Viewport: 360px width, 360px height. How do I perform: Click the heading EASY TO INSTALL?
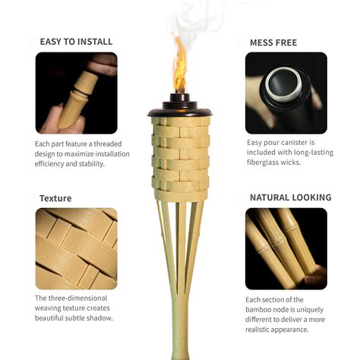pos(76,42)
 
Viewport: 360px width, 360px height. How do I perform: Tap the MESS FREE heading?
pos(273,43)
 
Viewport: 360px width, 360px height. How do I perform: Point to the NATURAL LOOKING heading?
pos(290,197)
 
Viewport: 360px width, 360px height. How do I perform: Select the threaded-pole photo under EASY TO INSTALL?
pos(76,93)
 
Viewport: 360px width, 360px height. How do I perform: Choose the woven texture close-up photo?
pos(76,248)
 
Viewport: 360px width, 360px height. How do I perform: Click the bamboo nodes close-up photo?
pos(286,248)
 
